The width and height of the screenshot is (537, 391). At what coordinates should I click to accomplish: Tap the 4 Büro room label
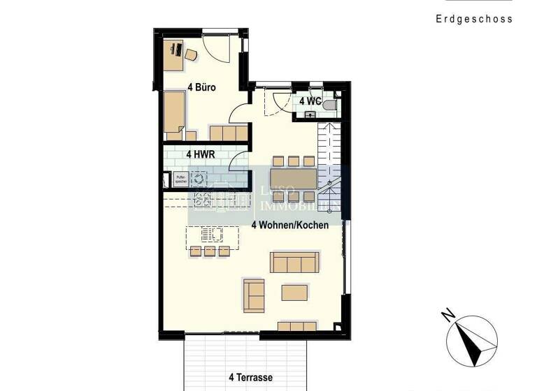[201, 88]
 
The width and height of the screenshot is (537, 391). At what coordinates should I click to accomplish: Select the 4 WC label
[310, 101]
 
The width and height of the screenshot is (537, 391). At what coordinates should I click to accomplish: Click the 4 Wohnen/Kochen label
[290, 225]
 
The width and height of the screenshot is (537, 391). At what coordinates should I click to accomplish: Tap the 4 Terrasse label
[250, 377]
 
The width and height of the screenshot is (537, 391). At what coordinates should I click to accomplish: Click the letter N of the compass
[448, 316]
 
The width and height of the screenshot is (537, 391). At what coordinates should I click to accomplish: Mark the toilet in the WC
[329, 105]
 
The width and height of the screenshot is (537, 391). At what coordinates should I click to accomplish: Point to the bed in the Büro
[174, 112]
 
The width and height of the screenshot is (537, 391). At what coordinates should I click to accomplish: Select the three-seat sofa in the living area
[294, 263]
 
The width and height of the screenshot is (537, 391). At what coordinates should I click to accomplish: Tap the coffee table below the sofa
[294, 292]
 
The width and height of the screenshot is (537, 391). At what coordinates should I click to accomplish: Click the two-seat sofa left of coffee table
[254, 295]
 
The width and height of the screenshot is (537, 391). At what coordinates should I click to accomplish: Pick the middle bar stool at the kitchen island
[209, 251]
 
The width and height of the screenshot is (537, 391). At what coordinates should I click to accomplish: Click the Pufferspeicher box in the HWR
[180, 178]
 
